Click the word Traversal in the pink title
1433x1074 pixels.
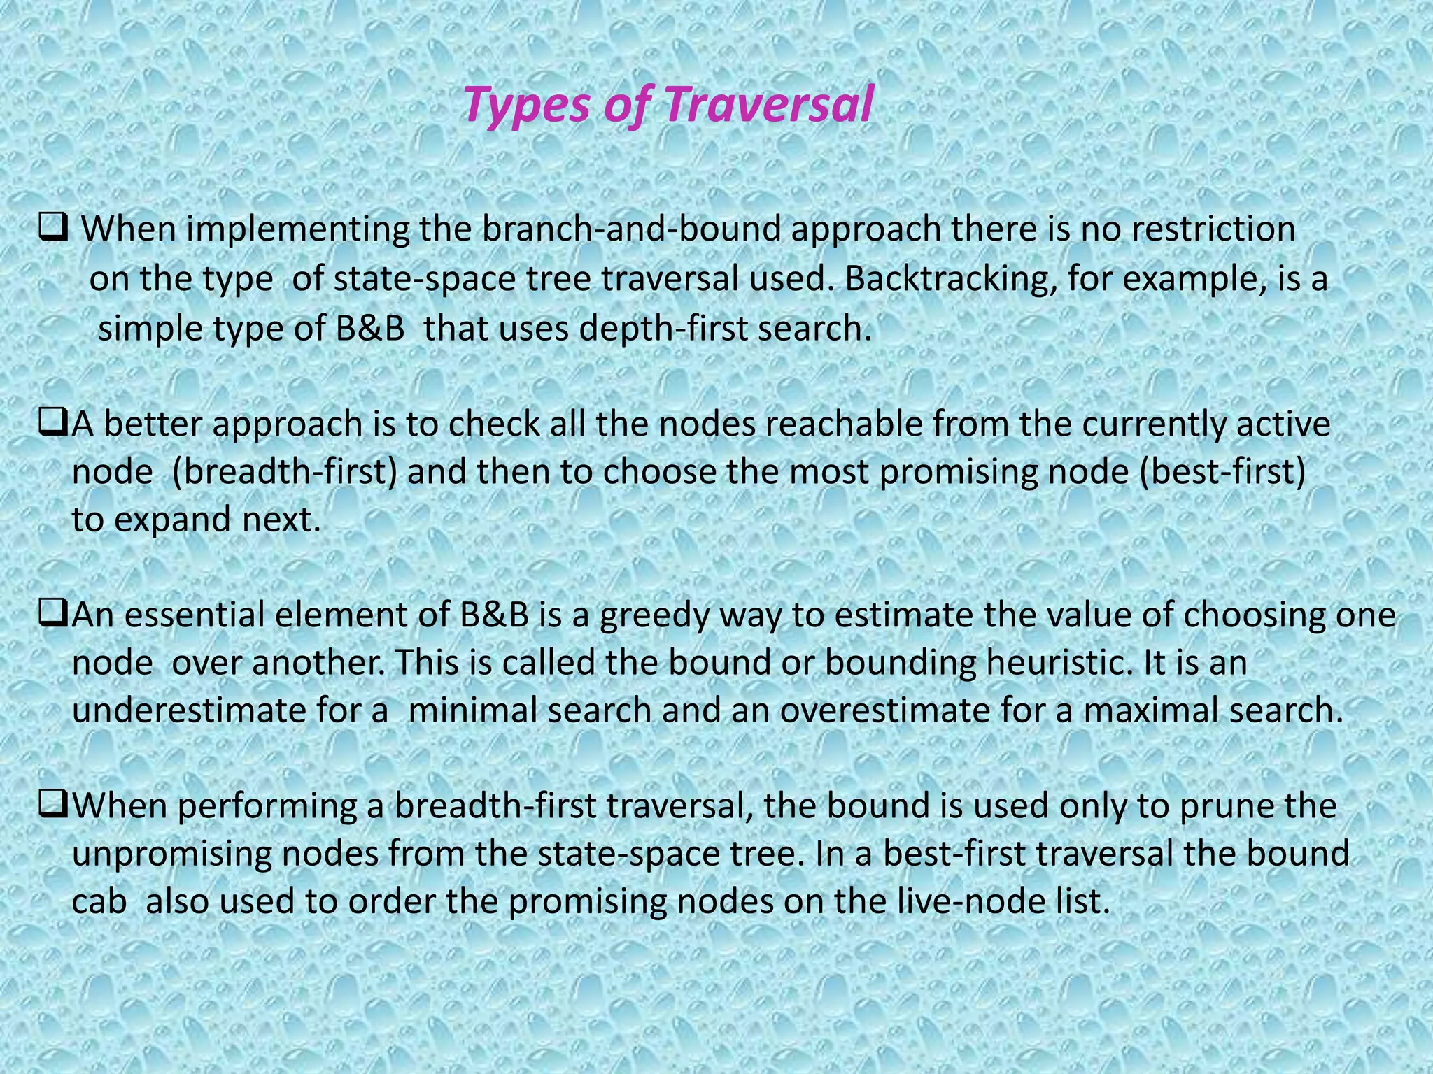point(768,105)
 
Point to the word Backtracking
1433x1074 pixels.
point(940,279)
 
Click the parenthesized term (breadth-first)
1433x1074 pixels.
point(284,472)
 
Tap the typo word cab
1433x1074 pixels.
point(99,901)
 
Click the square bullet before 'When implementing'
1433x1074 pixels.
point(52,228)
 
